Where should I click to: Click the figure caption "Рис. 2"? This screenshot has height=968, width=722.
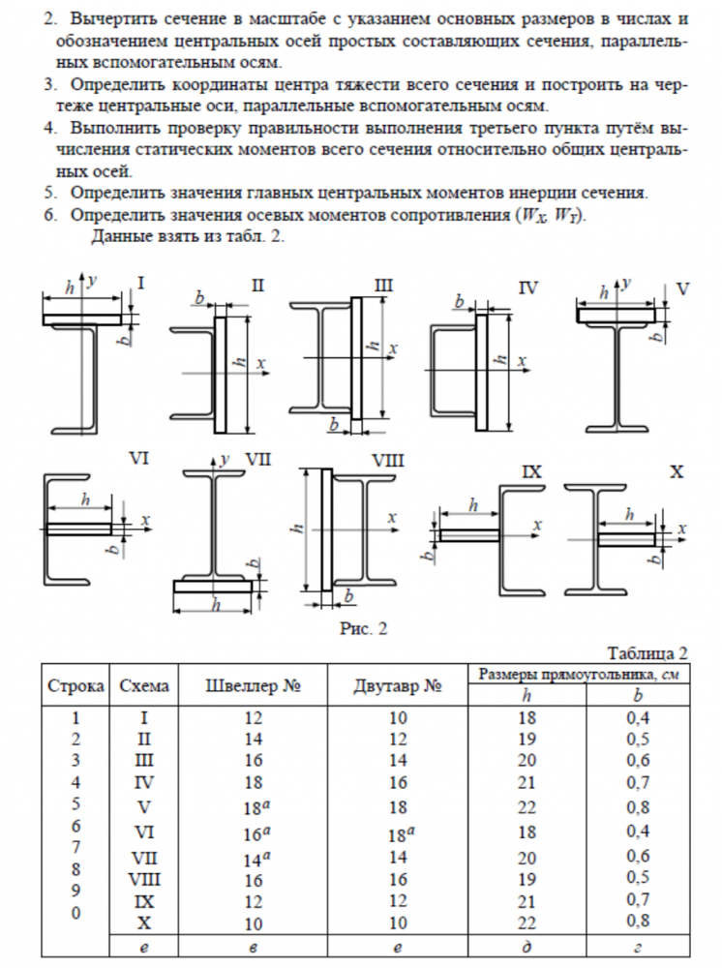point(363,629)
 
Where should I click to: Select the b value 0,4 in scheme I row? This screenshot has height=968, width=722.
point(637,719)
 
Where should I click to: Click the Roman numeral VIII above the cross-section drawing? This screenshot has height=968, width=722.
point(387,463)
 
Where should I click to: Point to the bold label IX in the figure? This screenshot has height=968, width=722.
point(531,472)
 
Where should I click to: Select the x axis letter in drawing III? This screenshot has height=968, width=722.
point(393,347)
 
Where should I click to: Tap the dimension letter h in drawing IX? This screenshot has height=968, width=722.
point(472,505)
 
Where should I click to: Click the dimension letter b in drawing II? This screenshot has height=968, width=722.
point(198,299)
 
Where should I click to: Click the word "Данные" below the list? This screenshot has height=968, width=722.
point(120,235)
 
